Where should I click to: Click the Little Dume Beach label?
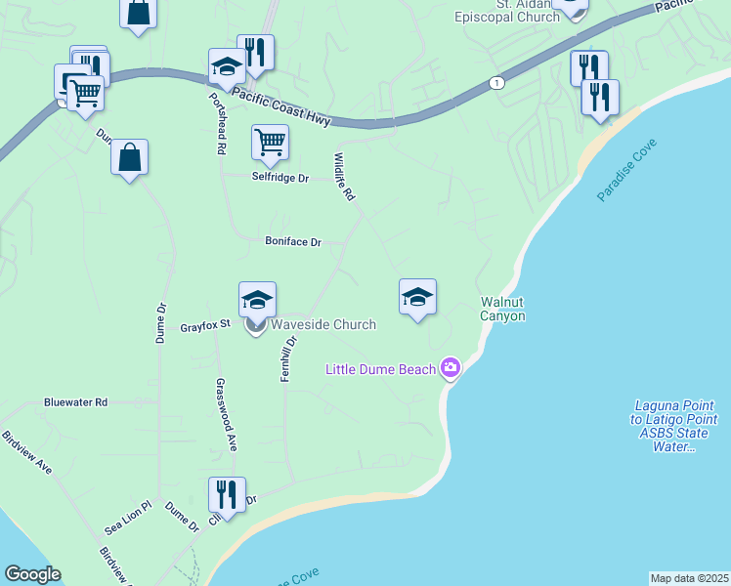[x=381, y=368]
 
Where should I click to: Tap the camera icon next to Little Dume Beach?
[x=451, y=368]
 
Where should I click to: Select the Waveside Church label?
[x=322, y=324]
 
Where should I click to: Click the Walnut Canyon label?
[x=502, y=309]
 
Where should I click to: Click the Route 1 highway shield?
[x=498, y=82]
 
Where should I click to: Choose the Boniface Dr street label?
[x=293, y=241]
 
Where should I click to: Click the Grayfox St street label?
[x=204, y=326]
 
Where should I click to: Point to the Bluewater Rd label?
[x=74, y=401]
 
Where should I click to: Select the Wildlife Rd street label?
[x=342, y=177]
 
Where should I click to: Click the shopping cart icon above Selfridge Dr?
[x=270, y=142]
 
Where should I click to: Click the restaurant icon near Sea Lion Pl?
[x=227, y=494]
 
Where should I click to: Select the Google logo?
[x=32, y=574]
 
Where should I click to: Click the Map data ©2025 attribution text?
[x=689, y=578]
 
